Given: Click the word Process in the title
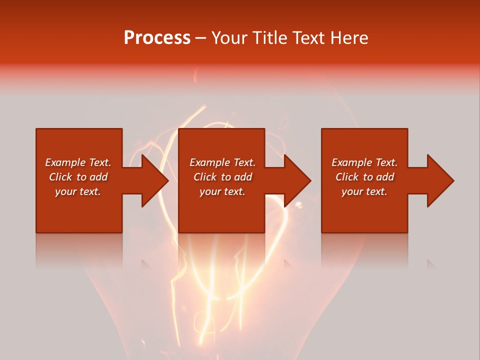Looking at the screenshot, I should (x=157, y=38).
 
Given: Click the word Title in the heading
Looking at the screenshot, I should (x=270, y=38).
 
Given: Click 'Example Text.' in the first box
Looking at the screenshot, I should (x=78, y=162).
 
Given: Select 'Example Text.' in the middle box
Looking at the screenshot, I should (x=222, y=162).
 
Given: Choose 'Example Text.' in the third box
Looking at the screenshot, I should (x=364, y=162).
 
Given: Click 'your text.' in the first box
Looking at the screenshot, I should (x=78, y=191).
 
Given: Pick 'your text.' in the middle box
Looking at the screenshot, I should (x=222, y=191).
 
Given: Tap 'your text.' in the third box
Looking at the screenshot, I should (x=364, y=191).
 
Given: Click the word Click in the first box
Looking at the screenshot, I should (x=60, y=177).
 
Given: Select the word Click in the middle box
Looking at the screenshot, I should (x=205, y=177).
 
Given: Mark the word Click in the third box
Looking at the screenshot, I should (x=347, y=177).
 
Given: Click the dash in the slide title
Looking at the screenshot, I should (x=200, y=38).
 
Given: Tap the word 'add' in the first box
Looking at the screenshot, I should (x=98, y=177).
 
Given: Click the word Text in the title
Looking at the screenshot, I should (x=308, y=38).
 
